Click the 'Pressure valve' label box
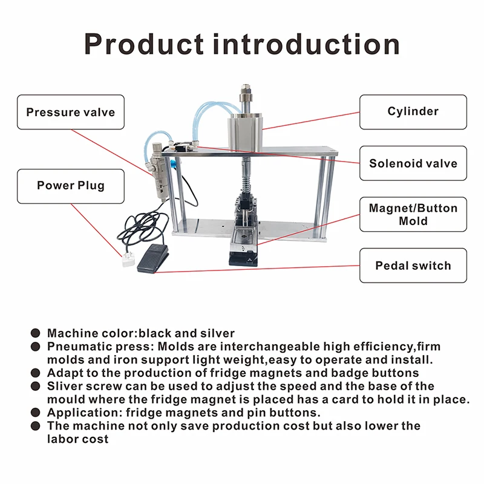[x=70, y=112]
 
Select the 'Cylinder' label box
[x=413, y=112]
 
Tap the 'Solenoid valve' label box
[x=413, y=163]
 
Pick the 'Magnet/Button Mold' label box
[x=413, y=214]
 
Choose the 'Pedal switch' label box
[x=413, y=266]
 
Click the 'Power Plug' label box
[x=70, y=186]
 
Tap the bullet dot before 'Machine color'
[x=36, y=333]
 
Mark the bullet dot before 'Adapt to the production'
[x=36, y=373]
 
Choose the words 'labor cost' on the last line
[x=78, y=439]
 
